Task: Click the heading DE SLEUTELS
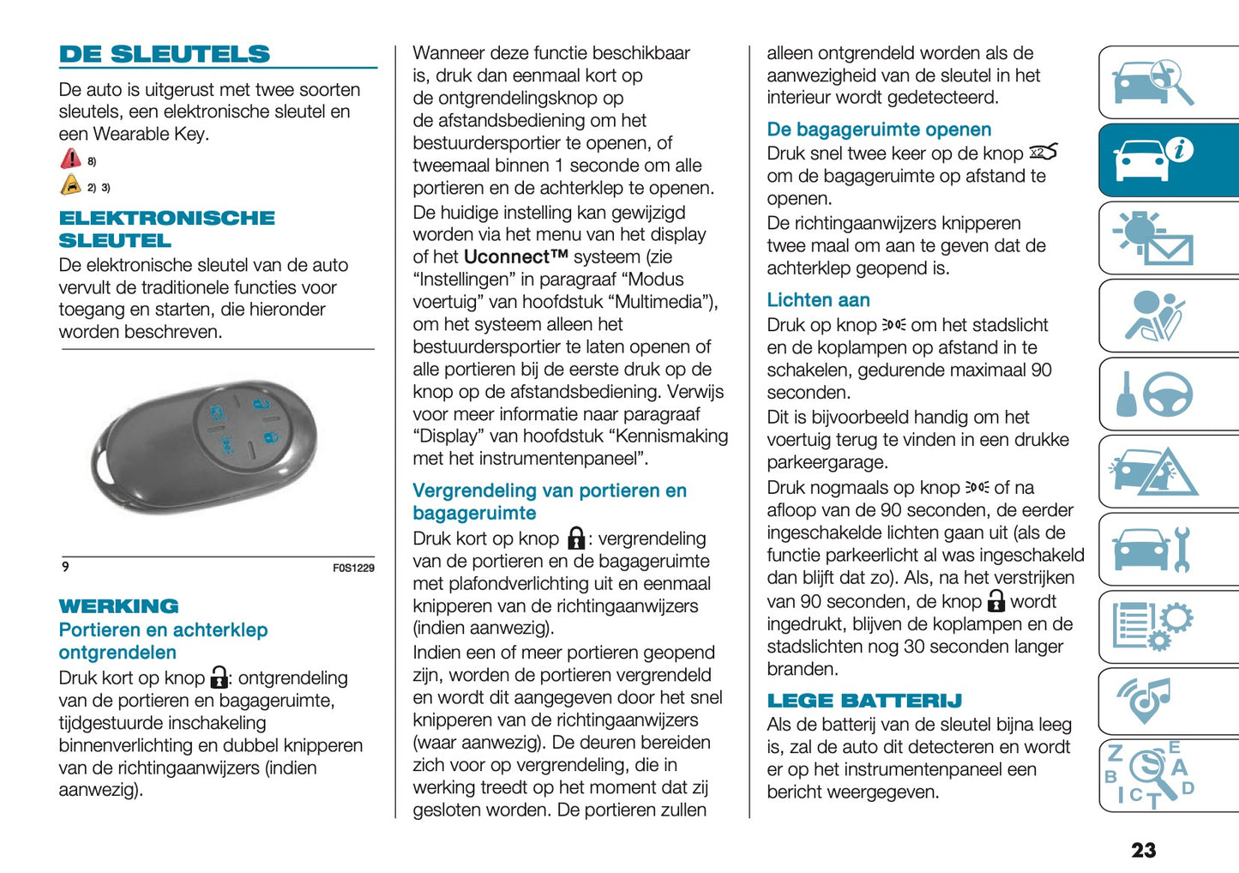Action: (x=165, y=54)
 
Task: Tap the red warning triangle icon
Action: (x=70, y=159)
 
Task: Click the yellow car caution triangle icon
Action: (x=70, y=185)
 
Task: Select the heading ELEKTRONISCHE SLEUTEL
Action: (x=166, y=229)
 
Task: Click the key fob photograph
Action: (x=206, y=446)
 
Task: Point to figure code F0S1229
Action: (x=353, y=568)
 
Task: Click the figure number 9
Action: (x=65, y=567)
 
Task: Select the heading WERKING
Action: (x=118, y=606)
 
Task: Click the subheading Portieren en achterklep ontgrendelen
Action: (x=163, y=641)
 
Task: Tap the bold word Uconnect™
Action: (x=515, y=257)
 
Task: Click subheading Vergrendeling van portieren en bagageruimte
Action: (x=549, y=502)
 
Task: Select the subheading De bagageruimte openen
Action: (x=879, y=129)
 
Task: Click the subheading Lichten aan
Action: (x=818, y=300)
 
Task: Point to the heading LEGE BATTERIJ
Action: (x=864, y=701)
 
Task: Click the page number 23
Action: (x=1143, y=850)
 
